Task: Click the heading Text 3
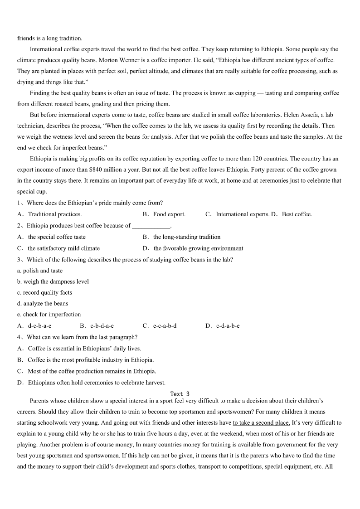pyautogui.click(x=180, y=394)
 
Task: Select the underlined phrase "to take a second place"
pyautogui.click(x=261, y=422)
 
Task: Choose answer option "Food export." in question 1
pyautogui.click(x=169, y=214)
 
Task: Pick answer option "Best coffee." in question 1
pyautogui.click(x=297, y=214)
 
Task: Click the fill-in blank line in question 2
pyautogui.click(x=151, y=225)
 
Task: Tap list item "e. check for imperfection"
pyautogui.click(x=49, y=315)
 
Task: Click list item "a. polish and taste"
pyautogui.click(x=40, y=271)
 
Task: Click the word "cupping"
pyautogui.click(x=246, y=93)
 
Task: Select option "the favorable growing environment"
pyautogui.click(x=198, y=248)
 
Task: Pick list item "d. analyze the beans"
pyautogui.click(x=43, y=303)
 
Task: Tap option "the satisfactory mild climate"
pyautogui.click(x=63, y=248)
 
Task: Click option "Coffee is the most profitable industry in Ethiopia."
pyautogui.click(x=91, y=360)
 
